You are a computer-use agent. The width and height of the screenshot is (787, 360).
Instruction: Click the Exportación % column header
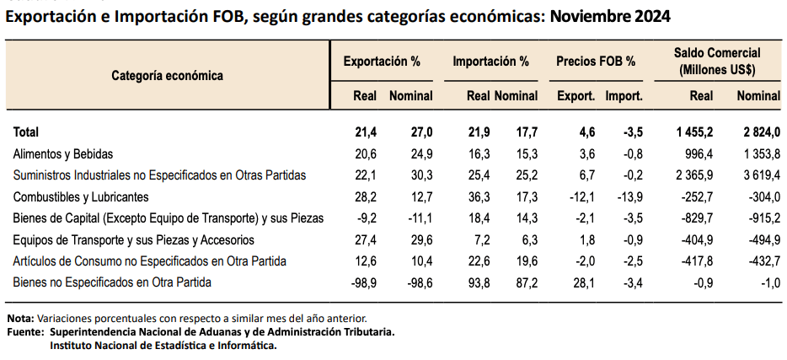(x=381, y=62)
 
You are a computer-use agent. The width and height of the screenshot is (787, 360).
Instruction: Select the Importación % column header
(x=490, y=62)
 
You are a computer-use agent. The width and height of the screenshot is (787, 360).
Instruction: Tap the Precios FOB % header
(x=596, y=62)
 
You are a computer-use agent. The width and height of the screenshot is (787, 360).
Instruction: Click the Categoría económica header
(x=167, y=75)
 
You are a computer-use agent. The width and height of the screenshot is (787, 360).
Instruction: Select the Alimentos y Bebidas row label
(x=63, y=154)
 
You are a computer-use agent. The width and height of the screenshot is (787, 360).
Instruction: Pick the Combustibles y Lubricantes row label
(x=81, y=197)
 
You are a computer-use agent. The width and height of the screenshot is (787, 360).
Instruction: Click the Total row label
(x=26, y=132)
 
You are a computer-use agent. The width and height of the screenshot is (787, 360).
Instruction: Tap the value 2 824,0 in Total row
(x=758, y=132)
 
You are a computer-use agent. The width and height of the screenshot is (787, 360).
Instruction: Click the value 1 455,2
(x=690, y=132)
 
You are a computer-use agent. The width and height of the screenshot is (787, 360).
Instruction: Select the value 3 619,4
(x=758, y=175)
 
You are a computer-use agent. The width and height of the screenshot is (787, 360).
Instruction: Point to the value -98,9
(x=361, y=282)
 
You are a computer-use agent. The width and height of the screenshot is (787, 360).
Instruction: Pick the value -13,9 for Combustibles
(x=628, y=197)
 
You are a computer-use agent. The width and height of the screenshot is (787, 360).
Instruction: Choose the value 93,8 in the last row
(x=477, y=282)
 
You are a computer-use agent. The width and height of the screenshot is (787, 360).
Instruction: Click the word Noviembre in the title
(x=588, y=17)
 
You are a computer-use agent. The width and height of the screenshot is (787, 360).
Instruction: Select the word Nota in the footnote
(x=19, y=318)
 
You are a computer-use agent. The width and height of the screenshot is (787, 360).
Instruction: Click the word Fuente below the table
(x=24, y=331)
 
